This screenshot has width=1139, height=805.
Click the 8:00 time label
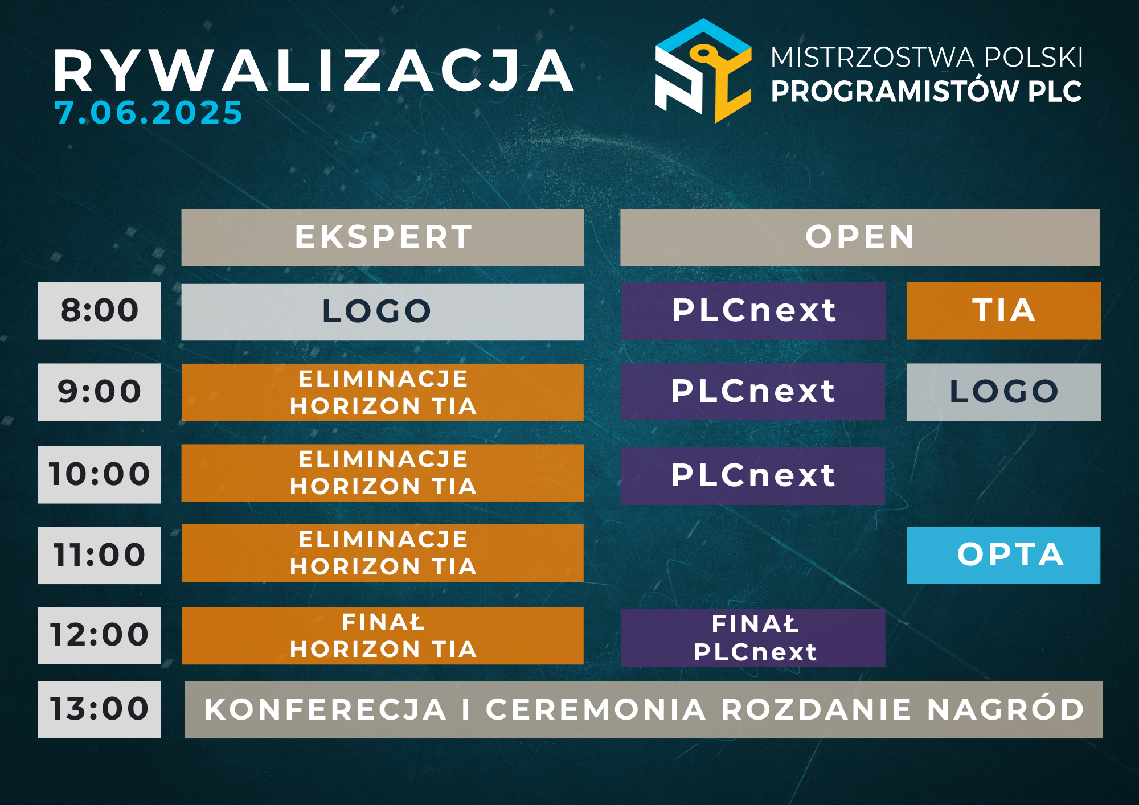(99, 311)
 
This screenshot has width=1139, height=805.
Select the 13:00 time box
(99, 709)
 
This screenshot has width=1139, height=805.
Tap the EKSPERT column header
(383, 237)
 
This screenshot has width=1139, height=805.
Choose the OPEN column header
(860, 237)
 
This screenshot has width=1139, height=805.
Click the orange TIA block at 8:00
(1003, 311)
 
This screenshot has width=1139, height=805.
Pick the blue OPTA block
(1003, 555)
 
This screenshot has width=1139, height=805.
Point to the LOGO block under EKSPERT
(383, 312)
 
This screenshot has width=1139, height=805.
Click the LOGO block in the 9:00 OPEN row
(1003, 392)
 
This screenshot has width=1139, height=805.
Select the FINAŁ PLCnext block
(753, 638)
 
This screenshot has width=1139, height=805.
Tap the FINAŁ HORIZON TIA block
(383, 635)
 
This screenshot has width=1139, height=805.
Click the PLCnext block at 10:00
(753, 476)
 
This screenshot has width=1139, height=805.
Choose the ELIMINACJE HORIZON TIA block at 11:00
(383, 553)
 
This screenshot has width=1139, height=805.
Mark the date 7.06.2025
(149, 113)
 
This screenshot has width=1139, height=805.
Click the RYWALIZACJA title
(314, 71)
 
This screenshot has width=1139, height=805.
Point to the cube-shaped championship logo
(703, 71)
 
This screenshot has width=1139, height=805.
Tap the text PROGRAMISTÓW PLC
(926, 91)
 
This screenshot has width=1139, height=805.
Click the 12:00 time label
(99, 635)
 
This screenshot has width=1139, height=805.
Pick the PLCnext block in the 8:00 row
(753, 311)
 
